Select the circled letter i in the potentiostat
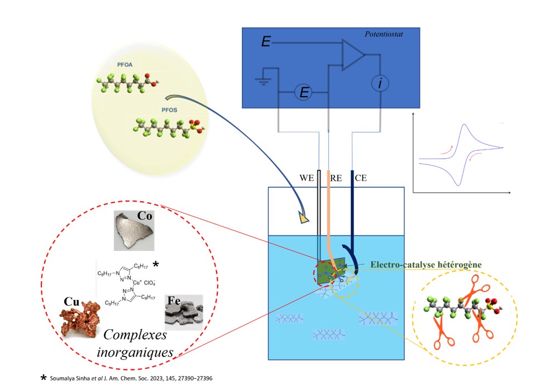click(380, 84)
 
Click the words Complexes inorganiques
click(140, 344)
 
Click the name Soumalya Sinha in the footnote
click(69, 379)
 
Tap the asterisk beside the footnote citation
click(43, 378)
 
